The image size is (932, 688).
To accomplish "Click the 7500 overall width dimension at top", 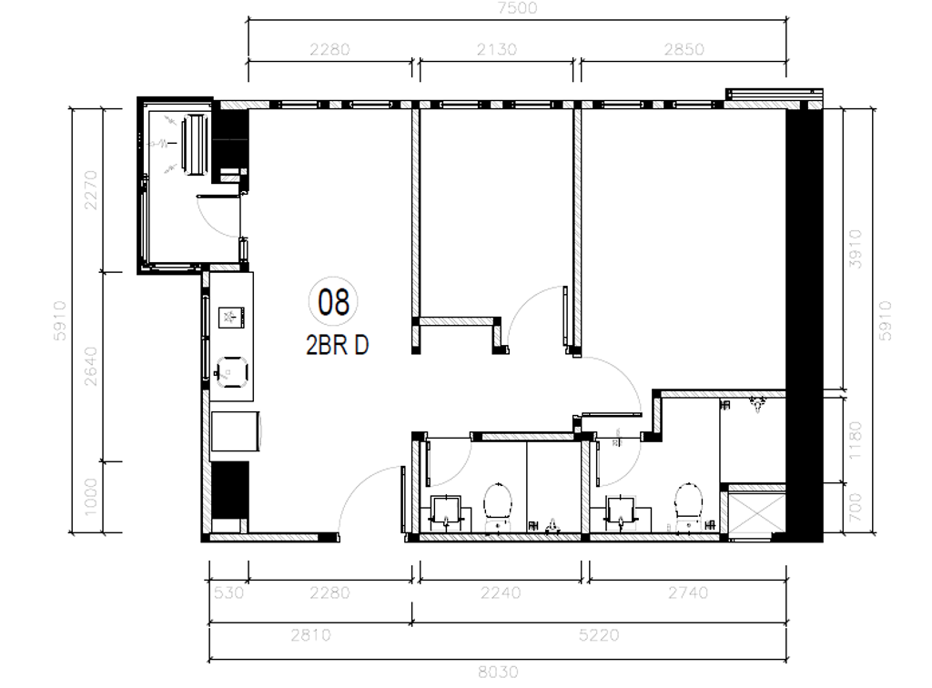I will tap(518, 8).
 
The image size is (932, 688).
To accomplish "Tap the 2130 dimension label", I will tap(496, 49).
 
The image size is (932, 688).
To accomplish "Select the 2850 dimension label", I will tap(683, 49).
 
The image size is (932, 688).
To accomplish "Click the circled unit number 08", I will tap(334, 301).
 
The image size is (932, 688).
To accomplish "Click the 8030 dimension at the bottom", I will tap(498, 672).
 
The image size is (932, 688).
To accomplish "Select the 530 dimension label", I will tap(228, 593).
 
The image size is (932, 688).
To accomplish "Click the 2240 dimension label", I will tap(499, 593).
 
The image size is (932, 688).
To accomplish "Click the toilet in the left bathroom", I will tap(499, 501).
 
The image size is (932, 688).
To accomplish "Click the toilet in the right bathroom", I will tap(689, 501).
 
